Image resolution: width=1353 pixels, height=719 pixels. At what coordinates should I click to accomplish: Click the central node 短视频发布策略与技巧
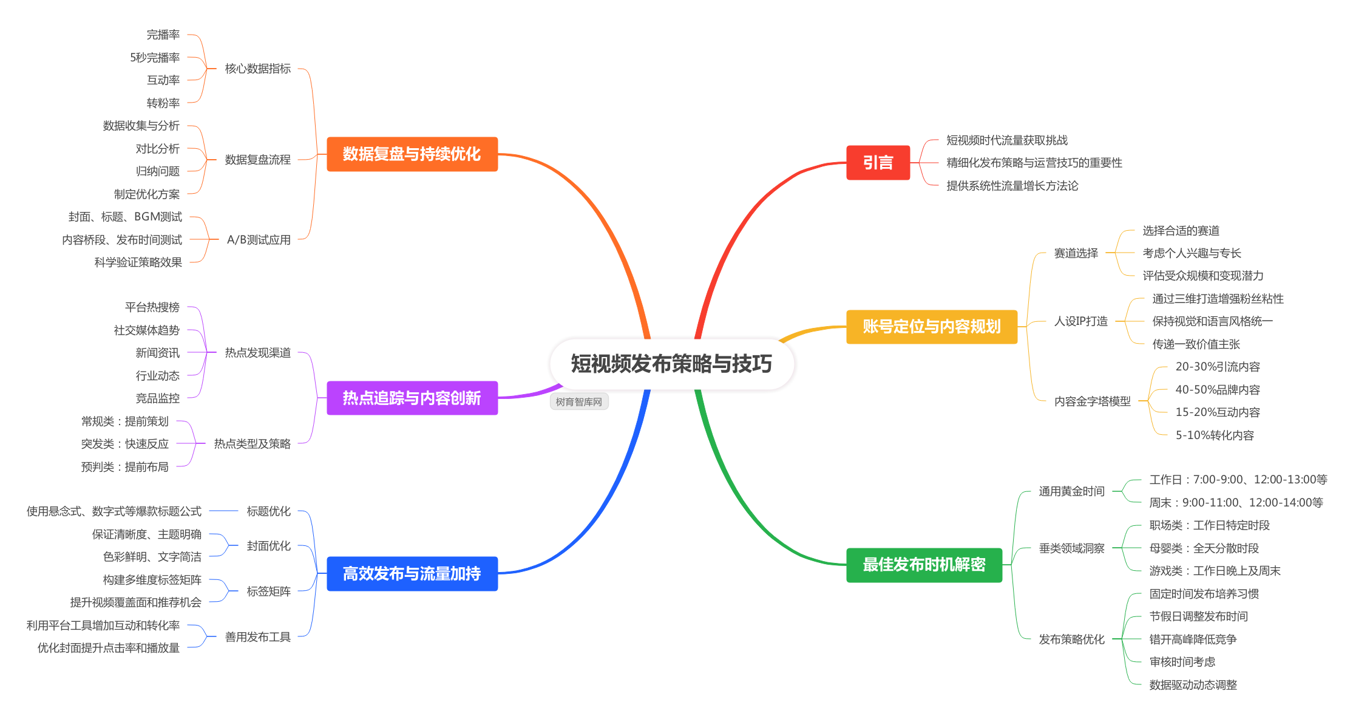click(671, 364)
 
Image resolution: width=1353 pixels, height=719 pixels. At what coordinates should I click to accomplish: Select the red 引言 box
click(878, 163)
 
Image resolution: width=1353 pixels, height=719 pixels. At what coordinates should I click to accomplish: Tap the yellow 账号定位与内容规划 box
click(931, 327)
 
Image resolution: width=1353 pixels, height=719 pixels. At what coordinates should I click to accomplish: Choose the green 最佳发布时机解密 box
click(924, 565)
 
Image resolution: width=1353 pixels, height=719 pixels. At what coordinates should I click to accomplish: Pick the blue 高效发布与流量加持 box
click(412, 573)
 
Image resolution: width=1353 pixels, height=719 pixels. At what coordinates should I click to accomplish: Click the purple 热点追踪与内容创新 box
click(412, 398)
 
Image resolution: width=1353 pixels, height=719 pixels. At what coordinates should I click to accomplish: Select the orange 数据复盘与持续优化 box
click(412, 154)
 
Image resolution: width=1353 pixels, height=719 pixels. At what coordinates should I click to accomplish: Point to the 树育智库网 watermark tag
click(579, 402)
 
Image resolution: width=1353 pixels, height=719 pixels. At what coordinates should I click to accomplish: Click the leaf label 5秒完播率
click(155, 58)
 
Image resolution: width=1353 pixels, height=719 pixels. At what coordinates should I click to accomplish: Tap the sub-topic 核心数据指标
click(258, 69)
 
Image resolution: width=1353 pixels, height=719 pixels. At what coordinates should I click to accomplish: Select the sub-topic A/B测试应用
click(259, 240)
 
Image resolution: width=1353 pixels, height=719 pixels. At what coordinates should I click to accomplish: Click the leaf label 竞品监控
click(158, 398)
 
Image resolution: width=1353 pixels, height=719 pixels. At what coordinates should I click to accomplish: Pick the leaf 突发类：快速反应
click(125, 444)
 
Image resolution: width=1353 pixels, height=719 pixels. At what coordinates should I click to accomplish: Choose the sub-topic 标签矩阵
click(269, 591)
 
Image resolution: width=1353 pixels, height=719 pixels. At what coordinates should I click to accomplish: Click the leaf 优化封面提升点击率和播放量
click(109, 648)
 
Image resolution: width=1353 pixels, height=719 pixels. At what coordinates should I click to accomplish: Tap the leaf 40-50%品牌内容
click(1218, 390)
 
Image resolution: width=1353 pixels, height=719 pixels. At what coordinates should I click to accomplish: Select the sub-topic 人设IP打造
click(1081, 321)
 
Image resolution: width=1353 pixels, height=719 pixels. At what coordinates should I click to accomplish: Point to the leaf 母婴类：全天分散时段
click(1204, 548)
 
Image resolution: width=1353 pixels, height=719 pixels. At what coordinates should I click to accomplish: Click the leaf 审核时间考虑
click(1182, 662)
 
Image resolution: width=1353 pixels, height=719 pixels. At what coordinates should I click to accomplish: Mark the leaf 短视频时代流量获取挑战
click(1007, 140)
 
